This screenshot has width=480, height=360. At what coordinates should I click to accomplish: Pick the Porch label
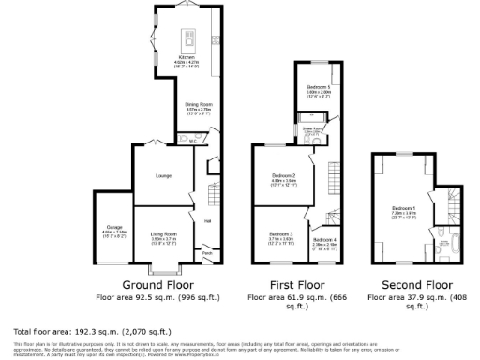207,252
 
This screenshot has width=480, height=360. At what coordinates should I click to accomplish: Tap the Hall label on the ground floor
208,221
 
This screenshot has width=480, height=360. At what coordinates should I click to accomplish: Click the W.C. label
192,142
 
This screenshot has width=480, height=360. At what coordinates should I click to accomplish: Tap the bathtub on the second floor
443,247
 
